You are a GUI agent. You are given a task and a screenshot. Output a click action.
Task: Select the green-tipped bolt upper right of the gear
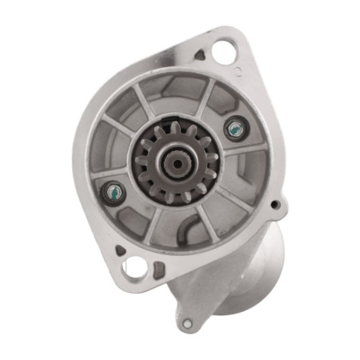[x=234, y=128]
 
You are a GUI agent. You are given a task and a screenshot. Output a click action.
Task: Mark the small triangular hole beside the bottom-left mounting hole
[x=120, y=250]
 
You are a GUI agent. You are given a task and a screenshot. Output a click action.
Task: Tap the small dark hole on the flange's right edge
[x=275, y=205]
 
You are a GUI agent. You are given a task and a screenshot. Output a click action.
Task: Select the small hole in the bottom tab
[x=186, y=324]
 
